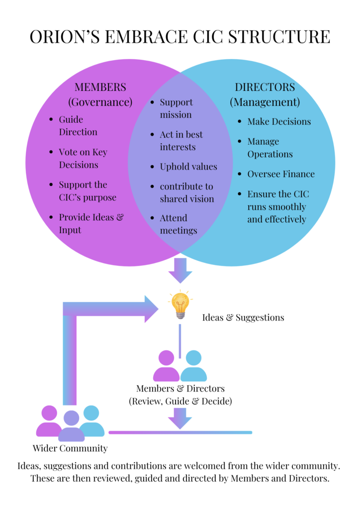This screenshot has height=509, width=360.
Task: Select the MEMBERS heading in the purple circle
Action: pos(100,87)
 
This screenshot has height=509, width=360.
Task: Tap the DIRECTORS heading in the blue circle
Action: pos(265,87)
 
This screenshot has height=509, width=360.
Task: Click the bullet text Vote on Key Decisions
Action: pos(83,159)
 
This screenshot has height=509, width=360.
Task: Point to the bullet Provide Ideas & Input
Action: pos(91,224)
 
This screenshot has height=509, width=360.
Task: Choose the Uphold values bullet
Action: pos(188,167)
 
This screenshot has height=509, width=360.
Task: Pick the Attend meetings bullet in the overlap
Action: pos(178,224)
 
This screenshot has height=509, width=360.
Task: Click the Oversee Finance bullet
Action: pos(281,174)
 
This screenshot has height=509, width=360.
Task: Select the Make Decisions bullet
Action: pos(279,122)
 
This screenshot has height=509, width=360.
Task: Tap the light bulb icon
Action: pos(180,305)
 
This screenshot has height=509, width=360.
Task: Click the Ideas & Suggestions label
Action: pos(243,317)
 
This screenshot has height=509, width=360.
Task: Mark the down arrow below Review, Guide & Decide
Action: pos(180,418)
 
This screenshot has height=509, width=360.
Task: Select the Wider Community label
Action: pos(70,448)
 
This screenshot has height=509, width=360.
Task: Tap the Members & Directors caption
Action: pos(180,388)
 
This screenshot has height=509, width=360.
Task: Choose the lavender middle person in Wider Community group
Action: pos(71,426)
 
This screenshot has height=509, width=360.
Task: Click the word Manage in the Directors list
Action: pos(263,142)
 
